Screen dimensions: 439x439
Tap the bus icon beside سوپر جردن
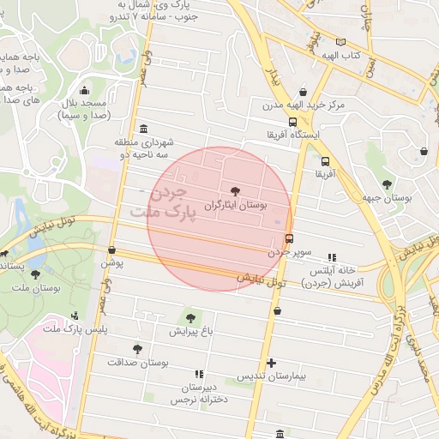click(289, 239)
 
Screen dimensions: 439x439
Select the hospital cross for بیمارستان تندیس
click(272, 363)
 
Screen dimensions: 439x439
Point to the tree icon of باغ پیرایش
click(189, 318)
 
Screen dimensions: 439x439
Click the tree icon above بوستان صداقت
click(137, 349)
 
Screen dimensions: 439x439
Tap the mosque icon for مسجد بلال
click(84, 90)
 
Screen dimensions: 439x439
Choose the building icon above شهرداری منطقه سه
click(142, 128)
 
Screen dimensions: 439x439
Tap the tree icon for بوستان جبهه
click(388, 183)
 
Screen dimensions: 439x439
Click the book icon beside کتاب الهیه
click(341, 42)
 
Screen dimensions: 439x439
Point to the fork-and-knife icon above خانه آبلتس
click(332, 256)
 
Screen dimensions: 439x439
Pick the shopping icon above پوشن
click(111, 250)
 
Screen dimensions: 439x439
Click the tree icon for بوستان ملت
click(35, 274)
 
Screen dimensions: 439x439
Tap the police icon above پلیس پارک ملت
click(75, 315)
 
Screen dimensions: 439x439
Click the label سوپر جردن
click(290, 253)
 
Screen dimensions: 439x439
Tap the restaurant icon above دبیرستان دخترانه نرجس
click(200, 374)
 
